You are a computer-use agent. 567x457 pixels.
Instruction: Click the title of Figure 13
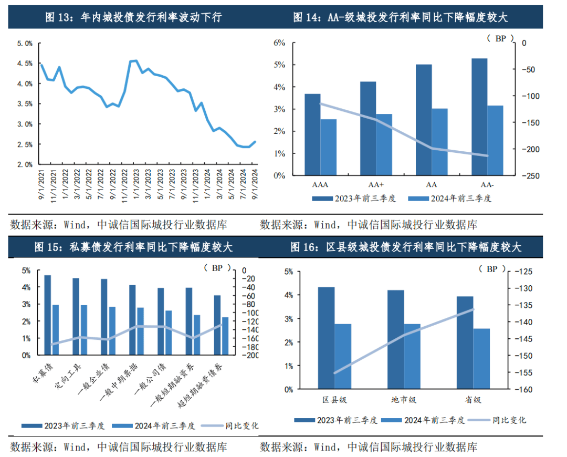(x=134, y=17)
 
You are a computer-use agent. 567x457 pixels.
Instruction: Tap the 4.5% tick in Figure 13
(x=25, y=64)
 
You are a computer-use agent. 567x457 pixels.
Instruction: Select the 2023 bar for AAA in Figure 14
(x=312, y=134)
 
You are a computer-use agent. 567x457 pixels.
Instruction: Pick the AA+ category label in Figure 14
(x=375, y=185)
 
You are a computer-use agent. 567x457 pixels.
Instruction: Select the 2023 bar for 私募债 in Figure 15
(x=47, y=315)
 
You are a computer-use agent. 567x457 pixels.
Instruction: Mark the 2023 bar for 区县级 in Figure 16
(x=326, y=338)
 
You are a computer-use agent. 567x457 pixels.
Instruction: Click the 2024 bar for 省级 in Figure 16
(x=481, y=359)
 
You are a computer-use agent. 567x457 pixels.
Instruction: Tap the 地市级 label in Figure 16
(x=404, y=400)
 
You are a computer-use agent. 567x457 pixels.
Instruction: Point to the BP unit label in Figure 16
(x=491, y=269)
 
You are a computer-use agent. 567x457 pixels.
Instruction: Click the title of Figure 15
(x=134, y=247)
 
